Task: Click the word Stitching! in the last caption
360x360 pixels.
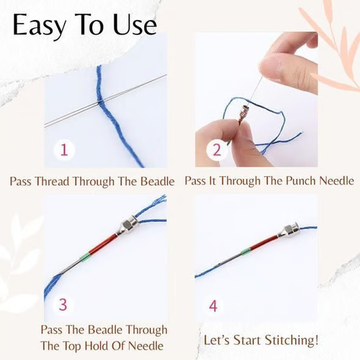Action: click(291, 339)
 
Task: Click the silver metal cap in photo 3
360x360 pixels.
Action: click(128, 226)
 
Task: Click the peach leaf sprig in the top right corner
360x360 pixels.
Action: click(328, 43)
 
